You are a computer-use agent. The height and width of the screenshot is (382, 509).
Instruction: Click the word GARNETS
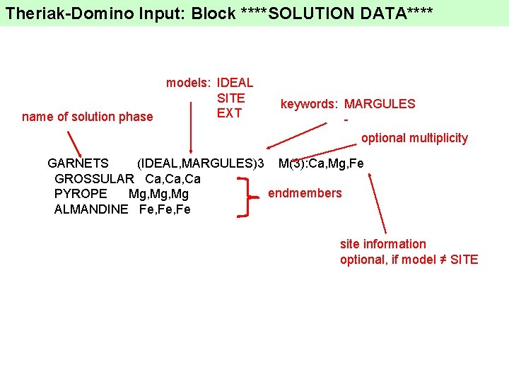click(x=78, y=164)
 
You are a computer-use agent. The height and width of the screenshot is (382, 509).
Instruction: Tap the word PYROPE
click(x=81, y=194)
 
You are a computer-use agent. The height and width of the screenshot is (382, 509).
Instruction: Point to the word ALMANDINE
click(x=91, y=209)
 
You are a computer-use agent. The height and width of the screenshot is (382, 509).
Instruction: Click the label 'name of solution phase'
click(x=87, y=117)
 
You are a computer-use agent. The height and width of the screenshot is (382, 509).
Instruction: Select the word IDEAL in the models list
click(x=235, y=83)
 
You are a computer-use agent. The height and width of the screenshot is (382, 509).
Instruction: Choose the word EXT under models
click(x=229, y=113)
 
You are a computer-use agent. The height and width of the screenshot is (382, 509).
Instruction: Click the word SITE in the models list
click(x=230, y=98)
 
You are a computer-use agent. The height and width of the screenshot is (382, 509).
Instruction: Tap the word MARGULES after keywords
click(x=380, y=104)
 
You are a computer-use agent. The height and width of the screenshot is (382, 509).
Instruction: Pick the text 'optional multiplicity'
click(x=414, y=138)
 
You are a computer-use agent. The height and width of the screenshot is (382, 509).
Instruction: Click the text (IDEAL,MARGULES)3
click(x=199, y=164)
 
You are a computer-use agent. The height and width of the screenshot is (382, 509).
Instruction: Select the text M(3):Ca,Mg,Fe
click(x=321, y=164)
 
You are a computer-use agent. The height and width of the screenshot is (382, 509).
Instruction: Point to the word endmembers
click(x=305, y=193)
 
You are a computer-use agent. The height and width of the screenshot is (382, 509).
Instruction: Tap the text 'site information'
click(x=383, y=244)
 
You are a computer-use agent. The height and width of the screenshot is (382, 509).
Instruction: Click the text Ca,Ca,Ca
click(x=172, y=179)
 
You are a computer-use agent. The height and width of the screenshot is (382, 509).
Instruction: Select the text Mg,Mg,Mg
click(x=158, y=194)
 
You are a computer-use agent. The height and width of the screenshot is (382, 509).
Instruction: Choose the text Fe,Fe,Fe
click(x=165, y=209)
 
